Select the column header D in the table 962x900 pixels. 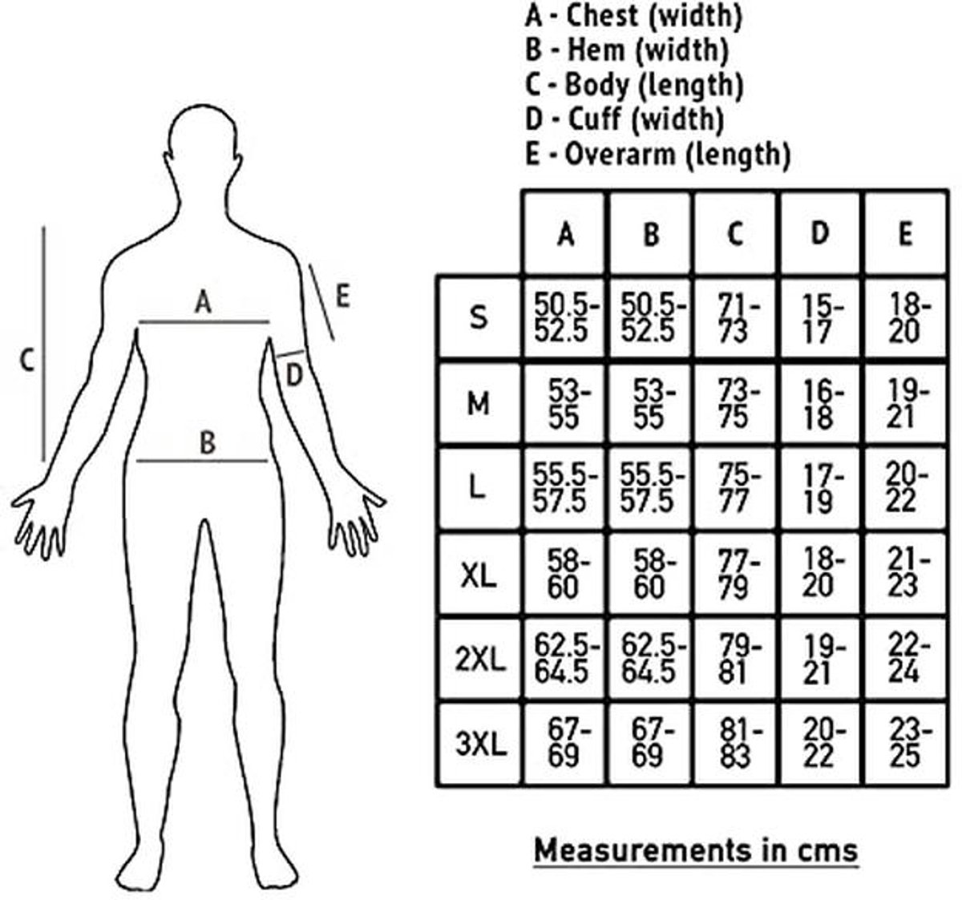pyautogui.click(x=819, y=233)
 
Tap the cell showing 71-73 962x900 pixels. pyautogui.click(x=734, y=318)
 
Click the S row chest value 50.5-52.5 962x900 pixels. pyautogui.click(x=565, y=318)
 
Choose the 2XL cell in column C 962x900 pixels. pyautogui.click(x=734, y=658)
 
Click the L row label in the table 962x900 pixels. pyautogui.click(x=478, y=488)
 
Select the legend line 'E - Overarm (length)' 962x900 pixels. pyautogui.click(x=658, y=155)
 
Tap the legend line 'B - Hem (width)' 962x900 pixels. pyautogui.click(x=627, y=50)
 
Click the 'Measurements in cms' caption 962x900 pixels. pyautogui.click(x=696, y=850)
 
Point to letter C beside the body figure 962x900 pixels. pyautogui.click(x=27, y=361)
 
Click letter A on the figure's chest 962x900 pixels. pyautogui.click(x=204, y=302)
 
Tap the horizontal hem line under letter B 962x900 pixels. pyautogui.click(x=202, y=461)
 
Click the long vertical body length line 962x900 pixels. pyautogui.click(x=44, y=344)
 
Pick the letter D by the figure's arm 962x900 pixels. pyautogui.click(x=294, y=376)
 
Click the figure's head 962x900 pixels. pyautogui.click(x=204, y=140)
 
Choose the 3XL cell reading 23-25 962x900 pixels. pyautogui.click(x=905, y=743)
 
